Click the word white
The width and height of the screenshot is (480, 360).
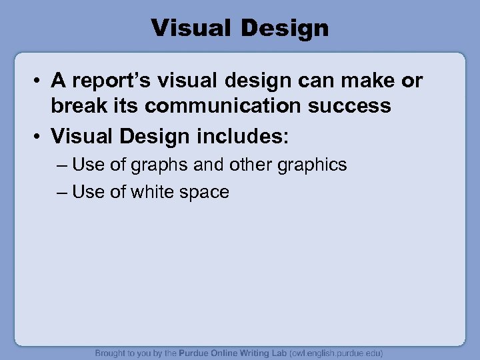coord(155,193)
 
